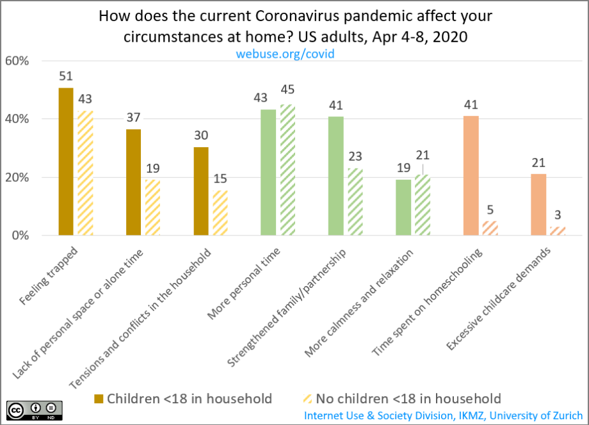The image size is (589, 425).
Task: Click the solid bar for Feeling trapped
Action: click(66, 161)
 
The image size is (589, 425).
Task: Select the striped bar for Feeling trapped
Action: click(85, 173)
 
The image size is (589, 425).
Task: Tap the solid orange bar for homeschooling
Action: click(471, 175)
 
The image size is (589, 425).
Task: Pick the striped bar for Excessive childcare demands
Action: click(558, 231)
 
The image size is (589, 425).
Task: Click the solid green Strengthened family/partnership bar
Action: click(336, 175)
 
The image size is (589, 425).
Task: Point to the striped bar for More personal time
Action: click(287, 170)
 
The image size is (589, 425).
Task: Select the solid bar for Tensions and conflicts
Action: click(200, 191)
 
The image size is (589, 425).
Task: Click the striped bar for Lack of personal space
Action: click(152, 207)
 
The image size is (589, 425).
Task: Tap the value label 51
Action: click(66, 76)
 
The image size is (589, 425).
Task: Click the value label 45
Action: click(287, 89)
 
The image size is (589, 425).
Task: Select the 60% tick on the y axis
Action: click(17, 61)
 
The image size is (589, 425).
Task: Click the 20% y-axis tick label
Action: click(17, 177)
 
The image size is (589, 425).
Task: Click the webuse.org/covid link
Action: click(285, 54)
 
